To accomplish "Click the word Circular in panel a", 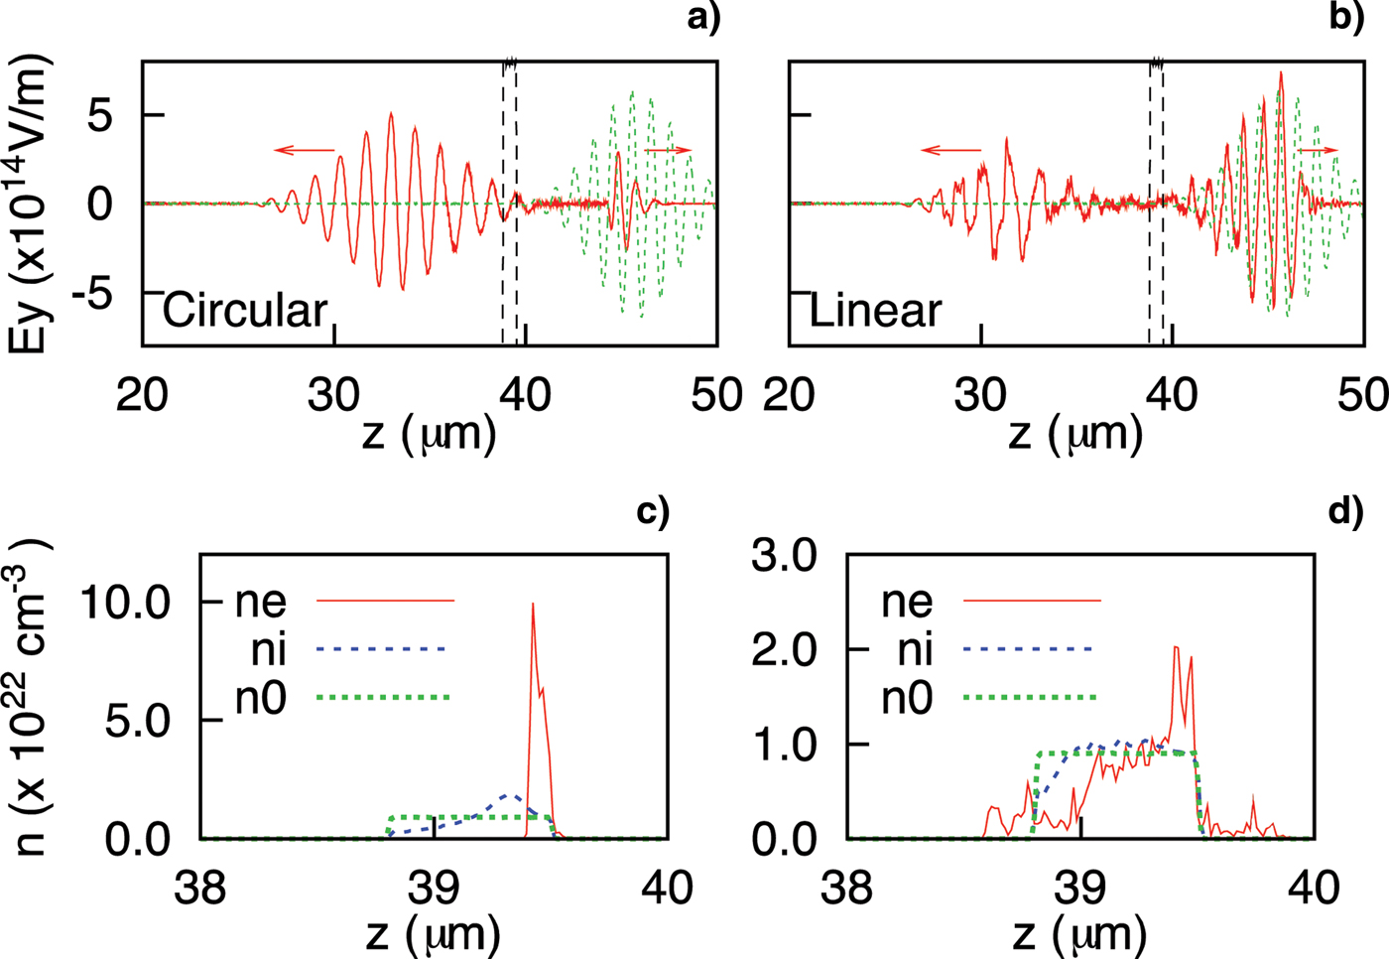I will (x=245, y=311).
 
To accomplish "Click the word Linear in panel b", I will (x=875, y=311).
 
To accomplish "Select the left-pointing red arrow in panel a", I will (x=305, y=150).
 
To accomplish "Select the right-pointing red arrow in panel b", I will (x=1317, y=150).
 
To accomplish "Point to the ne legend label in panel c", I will (x=261, y=601).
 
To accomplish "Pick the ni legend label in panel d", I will (x=914, y=649).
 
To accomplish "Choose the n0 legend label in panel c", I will (x=261, y=698).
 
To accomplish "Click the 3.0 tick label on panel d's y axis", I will (x=784, y=555).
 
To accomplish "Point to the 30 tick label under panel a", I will (x=333, y=395).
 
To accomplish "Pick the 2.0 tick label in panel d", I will (x=784, y=649).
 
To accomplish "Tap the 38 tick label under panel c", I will (x=200, y=887).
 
